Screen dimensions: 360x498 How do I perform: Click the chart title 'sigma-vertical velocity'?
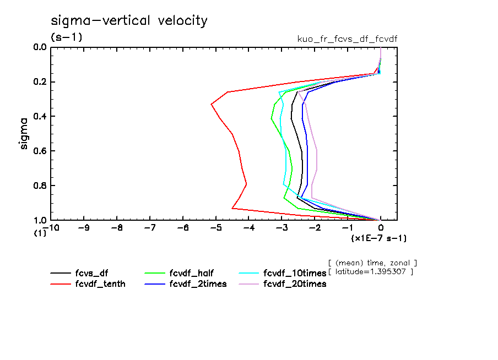(x=129, y=21)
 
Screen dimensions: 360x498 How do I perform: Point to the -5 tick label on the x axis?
(x=216, y=227)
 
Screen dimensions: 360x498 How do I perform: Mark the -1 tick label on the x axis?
(x=347, y=227)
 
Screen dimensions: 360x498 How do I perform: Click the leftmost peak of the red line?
(x=211, y=104)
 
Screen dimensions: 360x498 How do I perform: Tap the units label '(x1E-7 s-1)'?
(x=379, y=238)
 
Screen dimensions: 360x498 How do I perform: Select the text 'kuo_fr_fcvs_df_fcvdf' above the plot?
(x=347, y=39)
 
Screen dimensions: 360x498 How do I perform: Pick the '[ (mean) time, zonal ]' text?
(x=372, y=263)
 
